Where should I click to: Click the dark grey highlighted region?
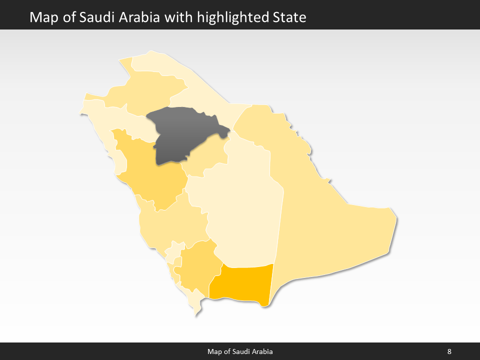tap(182, 135)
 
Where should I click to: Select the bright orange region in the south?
tap(242, 282)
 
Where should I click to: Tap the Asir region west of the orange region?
tap(197, 265)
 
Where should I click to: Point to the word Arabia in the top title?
tap(137, 17)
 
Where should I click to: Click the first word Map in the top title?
tap(41, 17)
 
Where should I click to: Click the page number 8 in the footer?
tap(449, 351)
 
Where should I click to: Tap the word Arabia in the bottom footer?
tap(261, 351)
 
